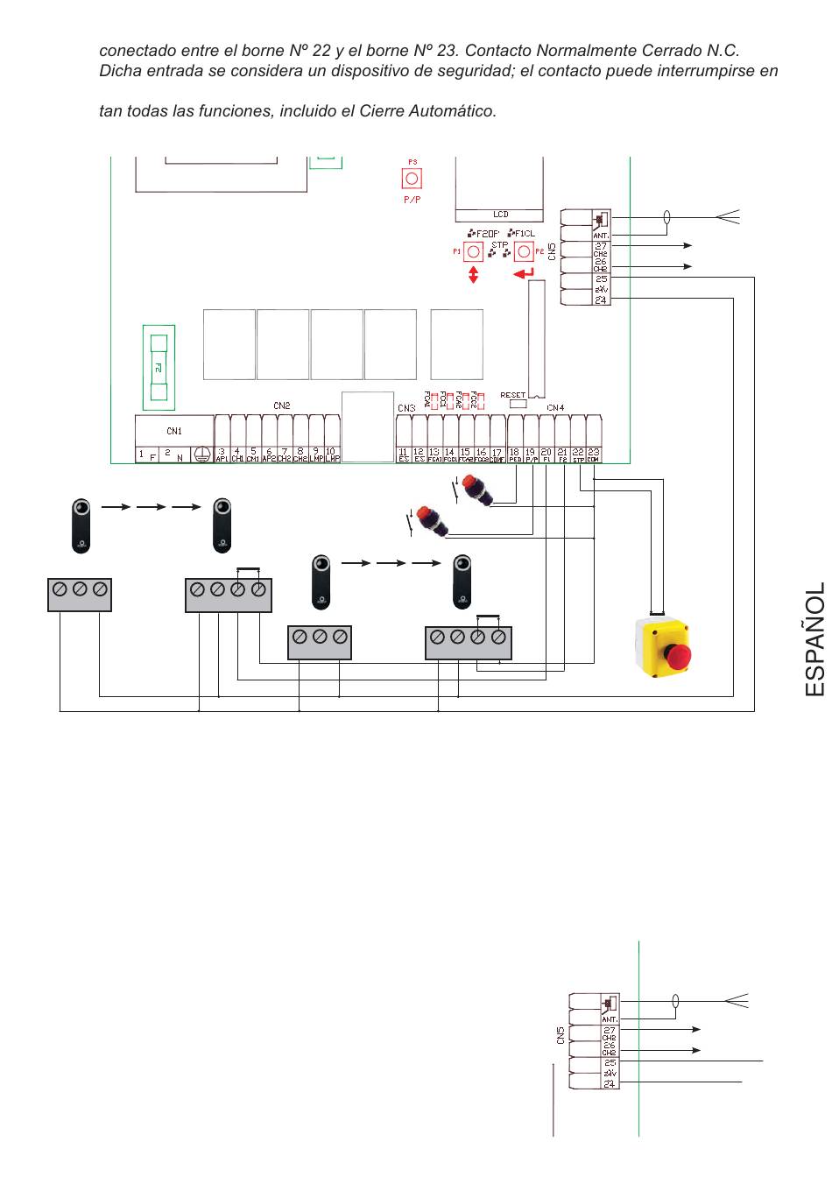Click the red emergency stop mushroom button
pyautogui.click(x=678, y=654)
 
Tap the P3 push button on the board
pyautogui.click(x=412, y=179)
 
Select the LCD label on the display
pyautogui.click(x=500, y=215)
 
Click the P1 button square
pyautogui.click(x=473, y=252)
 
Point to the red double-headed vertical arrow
pyautogui.click(x=474, y=274)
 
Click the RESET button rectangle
pyautogui.click(x=517, y=404)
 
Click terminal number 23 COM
pyautogui.click(x=594, y=455)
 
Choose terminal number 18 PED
pyautogui.click(x=514, y=455)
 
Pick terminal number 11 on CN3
pyautogui.click(x=404, y=455)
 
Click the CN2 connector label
pyautogui.click(x=281, y=405)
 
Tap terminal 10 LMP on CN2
pyautogui.click(x=332, y=455)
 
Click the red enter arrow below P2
pyautogui.click(x=524, y=275)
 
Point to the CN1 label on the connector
pyautogui.click(x=174, y=430)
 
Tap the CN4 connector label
pyautogui.click(x=555, y=408)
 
